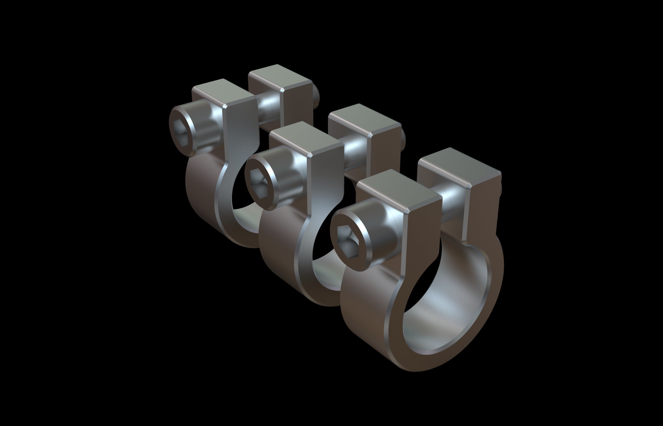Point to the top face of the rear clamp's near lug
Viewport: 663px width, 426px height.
pyautogui.click(x=223, y=92)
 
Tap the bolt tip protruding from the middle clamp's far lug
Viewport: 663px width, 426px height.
pyautogui.click(x=403, y=138)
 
